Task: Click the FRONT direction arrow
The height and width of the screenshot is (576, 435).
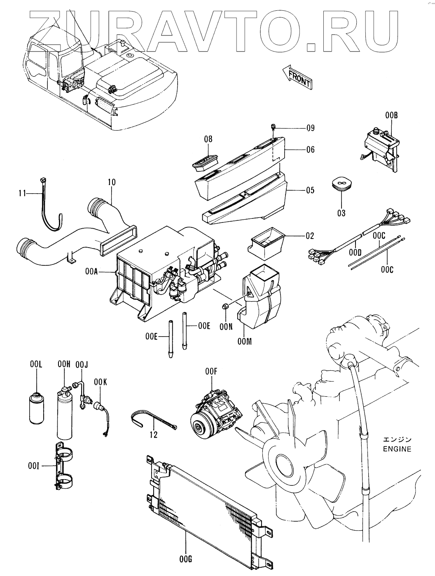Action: click(x=297, y=77)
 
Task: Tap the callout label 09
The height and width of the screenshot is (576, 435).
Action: click(x=310, y=128)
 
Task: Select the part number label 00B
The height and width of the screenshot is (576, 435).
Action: click(x=391, y=116)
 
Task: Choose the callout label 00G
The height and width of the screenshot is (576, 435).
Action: click(x=186, y=559)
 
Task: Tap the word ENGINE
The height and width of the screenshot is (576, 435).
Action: click(x=397, y=449)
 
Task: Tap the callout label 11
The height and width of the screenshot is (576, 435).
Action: click(x=22, y=192)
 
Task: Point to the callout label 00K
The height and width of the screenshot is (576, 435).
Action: click(x=100, y=382)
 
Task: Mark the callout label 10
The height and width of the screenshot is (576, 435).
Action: click(x=111, y=182)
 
